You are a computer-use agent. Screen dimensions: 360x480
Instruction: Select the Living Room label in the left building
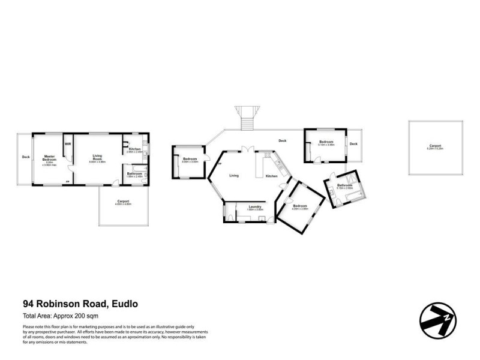point(97,158)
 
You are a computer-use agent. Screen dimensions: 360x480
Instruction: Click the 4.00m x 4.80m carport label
point(124,202)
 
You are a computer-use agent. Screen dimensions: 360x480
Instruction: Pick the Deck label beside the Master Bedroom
point(25,157)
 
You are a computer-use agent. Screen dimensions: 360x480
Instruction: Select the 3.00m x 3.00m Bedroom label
point(190,160)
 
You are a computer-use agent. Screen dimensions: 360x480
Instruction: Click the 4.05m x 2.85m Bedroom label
point(300,207)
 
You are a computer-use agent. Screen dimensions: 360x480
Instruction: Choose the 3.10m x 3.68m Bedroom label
point(326,143)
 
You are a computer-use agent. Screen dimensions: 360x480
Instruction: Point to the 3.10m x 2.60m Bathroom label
point(344,187)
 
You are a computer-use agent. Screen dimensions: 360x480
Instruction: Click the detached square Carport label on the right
point(435,146)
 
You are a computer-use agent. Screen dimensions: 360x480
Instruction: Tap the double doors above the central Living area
point(244,151)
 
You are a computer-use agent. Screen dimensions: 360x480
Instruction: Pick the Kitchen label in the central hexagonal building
point(272,176)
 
